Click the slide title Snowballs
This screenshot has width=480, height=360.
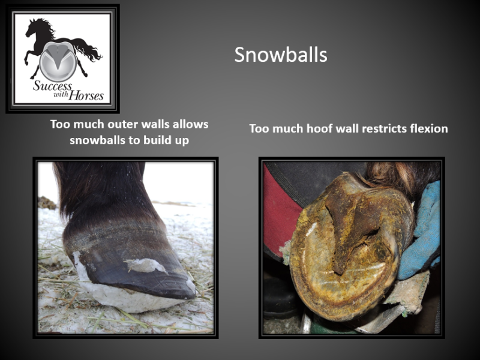[x=281, y=55]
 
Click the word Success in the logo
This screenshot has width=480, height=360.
[x=52, y=85]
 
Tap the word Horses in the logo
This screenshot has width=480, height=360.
[x=86, y=96]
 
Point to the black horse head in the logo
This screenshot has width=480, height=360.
[x=34, y=27]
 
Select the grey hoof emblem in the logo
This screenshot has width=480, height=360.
[x=58, y=61]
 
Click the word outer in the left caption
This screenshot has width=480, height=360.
[x=123, y=124]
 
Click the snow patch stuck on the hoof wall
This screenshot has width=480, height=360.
[x=145, y=265]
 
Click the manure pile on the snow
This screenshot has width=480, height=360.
[x=47, y=203]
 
